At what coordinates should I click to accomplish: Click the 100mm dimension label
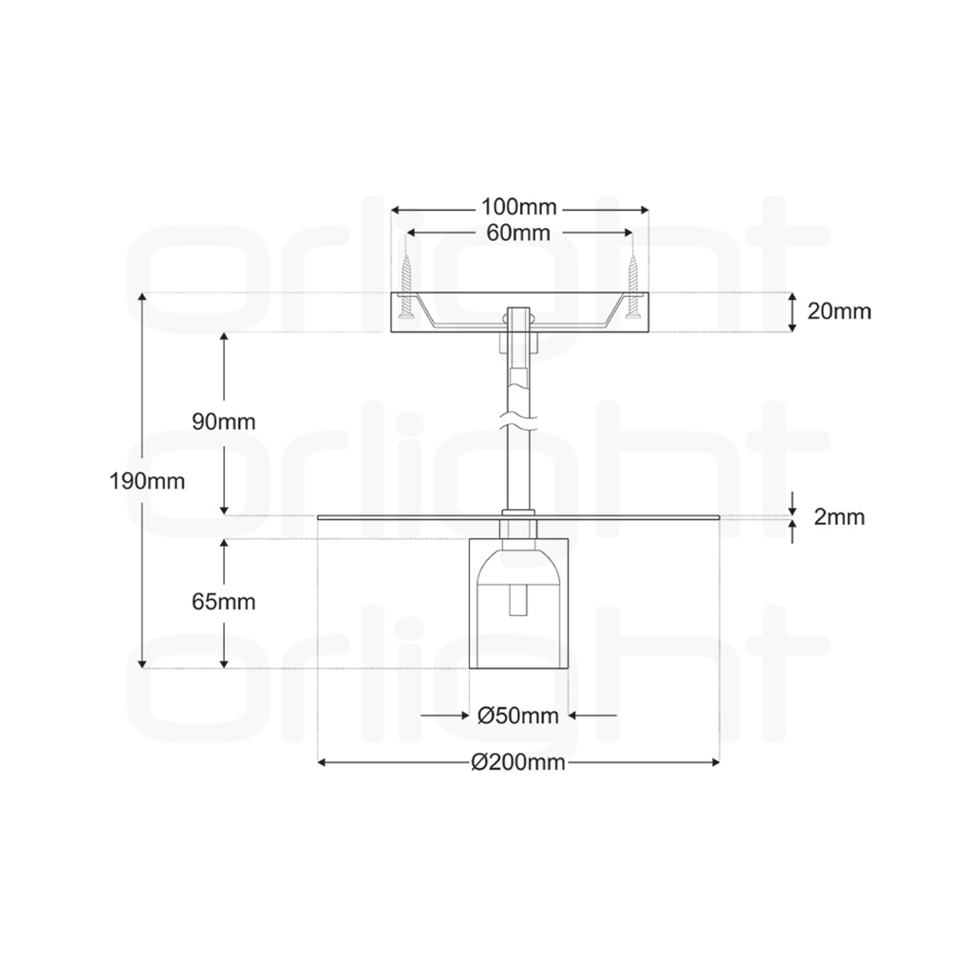pos(519,206)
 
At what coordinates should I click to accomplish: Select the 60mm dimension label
pos(518,234)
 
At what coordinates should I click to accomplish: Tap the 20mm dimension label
pos(839,311)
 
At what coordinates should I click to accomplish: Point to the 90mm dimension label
pos(223,422)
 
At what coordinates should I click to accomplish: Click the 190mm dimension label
pos(147,481)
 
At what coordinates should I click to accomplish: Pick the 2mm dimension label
pos(839,517)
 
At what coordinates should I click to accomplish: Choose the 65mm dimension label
pos(223,602)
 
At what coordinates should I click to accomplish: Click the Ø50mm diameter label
pos(518,716)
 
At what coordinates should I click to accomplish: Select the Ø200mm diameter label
pos(518,762)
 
